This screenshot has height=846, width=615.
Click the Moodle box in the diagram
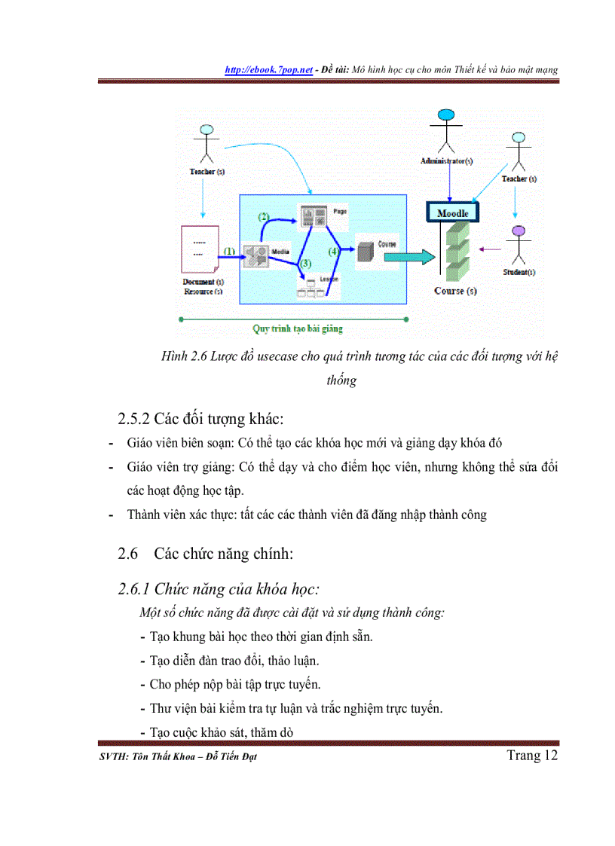click(453, 213)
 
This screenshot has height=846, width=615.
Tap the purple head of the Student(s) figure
click(517, 231)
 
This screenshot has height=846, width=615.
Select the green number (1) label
click(229, 252)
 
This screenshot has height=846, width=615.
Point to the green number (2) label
click(264, 216)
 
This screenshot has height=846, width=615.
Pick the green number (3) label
click(304, 264)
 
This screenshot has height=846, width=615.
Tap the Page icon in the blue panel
click(312, 217)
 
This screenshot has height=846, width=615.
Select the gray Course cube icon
click(365, 251)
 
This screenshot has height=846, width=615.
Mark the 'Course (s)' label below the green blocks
click(455, 291)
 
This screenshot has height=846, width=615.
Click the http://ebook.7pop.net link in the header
click(269, 69)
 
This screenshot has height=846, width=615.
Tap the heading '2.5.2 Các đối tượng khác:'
click(200, 418)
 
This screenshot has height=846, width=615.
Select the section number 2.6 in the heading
click(128, 554)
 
